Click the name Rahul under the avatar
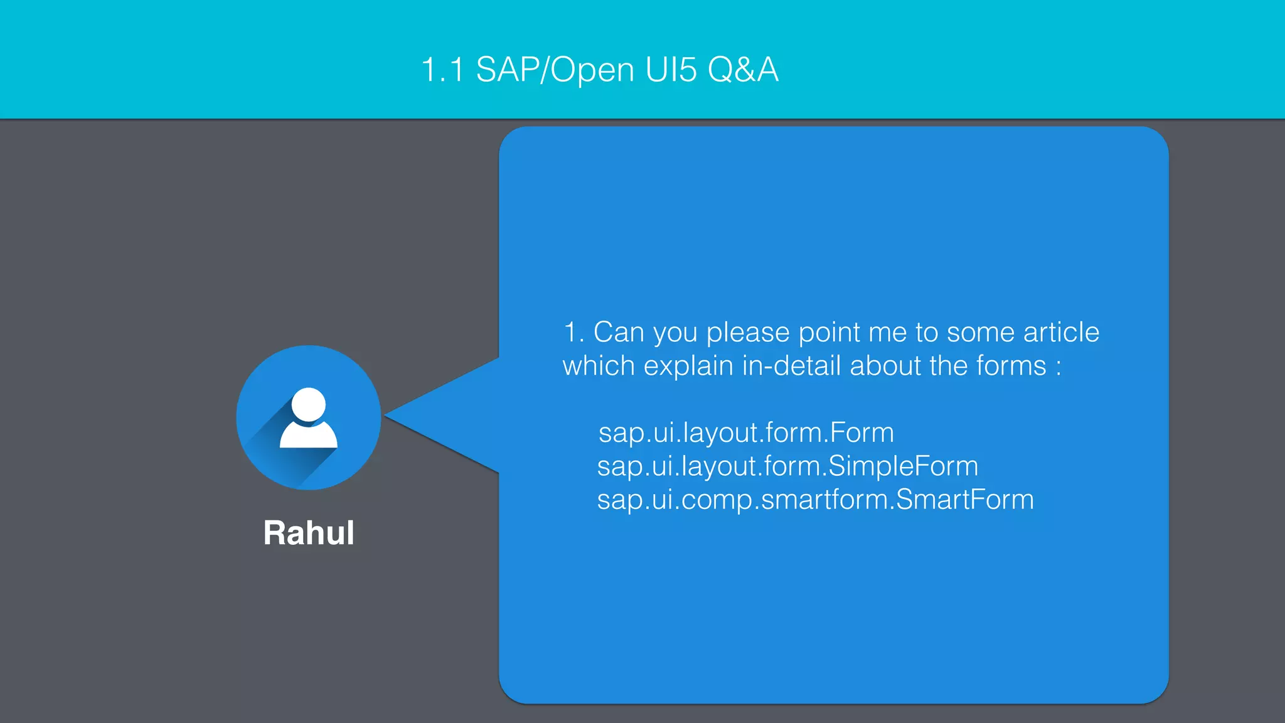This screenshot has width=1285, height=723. pos(309,533)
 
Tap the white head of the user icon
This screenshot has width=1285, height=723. pos(309,405)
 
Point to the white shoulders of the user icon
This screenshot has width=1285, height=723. pos(309,435)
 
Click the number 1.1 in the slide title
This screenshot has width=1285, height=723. pos(442,69)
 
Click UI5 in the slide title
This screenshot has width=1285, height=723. pos(670,69)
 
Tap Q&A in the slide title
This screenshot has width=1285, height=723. pos(743,69)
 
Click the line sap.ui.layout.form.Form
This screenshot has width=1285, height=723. pos(746,433)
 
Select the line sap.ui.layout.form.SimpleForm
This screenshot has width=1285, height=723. pos(787,466)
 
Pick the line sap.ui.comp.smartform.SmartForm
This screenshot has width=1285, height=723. pos(815,500)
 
